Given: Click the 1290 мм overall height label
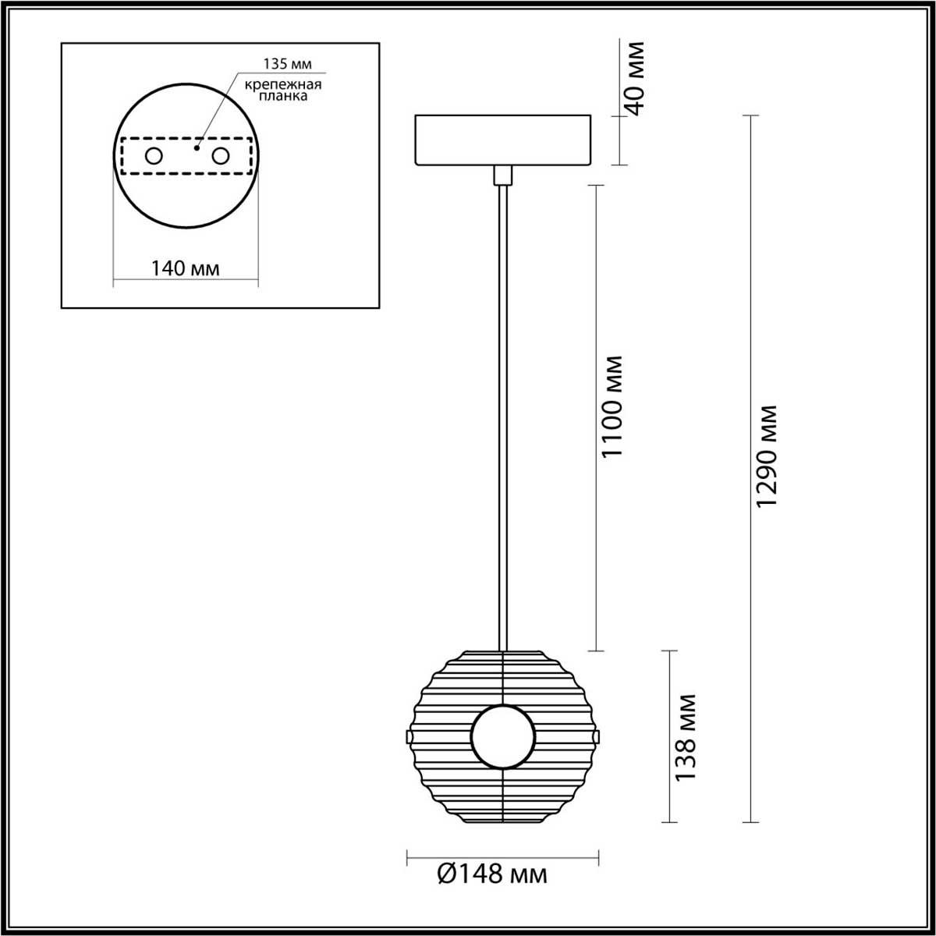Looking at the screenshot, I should tap(768, 456).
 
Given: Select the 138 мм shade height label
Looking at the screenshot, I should tap(685, 737).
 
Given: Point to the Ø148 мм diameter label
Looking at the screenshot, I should tap(491, 874).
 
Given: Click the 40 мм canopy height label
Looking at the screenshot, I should tap(636, 76).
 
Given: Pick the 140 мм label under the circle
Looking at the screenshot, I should tap(186, 269).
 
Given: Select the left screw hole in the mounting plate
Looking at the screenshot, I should tap(154, 156).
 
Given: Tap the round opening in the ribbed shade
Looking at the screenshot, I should tap(503, 736).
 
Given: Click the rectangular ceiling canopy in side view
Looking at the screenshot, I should tap(503, 140).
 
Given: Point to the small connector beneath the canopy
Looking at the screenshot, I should tap(503, 175).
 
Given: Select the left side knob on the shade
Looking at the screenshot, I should tap(409, 736).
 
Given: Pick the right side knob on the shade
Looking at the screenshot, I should tap(597, 736).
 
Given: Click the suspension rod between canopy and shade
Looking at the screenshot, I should tap(503, 413).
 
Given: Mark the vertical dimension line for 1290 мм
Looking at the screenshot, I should tap(750, 624).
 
